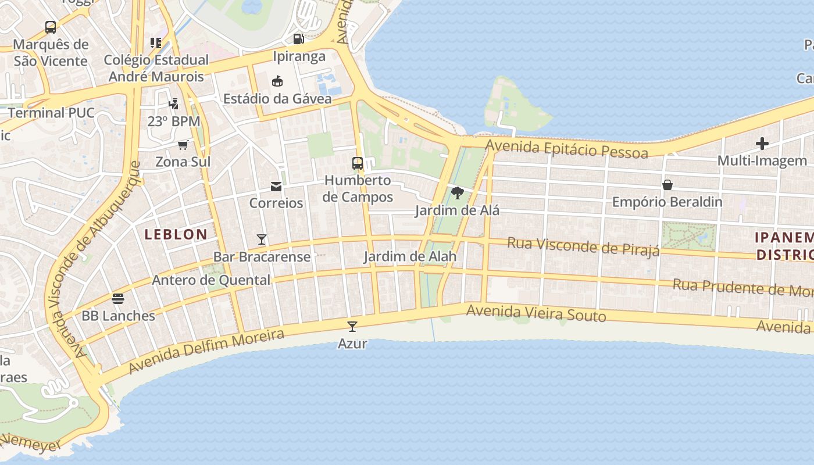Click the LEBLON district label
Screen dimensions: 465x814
point(176,234)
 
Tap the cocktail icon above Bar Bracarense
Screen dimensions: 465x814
point(262,239)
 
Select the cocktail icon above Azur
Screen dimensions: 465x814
point(352,326)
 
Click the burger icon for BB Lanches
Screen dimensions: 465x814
point(118,299)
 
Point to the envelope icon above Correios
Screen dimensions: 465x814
point(276,186)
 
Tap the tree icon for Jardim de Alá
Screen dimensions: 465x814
point(457,192)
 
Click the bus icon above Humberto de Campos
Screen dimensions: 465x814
point(358,163)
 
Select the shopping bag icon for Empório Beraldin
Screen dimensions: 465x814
point(667,185)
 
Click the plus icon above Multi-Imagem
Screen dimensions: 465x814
point(762,144)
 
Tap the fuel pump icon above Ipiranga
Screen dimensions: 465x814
point(298,39)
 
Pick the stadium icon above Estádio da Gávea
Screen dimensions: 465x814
point(277,81)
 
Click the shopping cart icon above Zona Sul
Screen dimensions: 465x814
point(183,145)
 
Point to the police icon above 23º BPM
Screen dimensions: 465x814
point(173,104)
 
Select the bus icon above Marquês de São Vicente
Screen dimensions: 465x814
point(51,27)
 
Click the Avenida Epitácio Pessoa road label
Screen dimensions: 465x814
point(567,149)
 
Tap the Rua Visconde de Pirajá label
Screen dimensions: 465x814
point(583,246)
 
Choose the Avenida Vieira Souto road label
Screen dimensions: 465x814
point(536,313)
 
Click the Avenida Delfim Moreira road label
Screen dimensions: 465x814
point(206,351)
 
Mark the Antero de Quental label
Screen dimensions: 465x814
point(211,280)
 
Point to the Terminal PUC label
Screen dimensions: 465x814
point(51,113)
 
